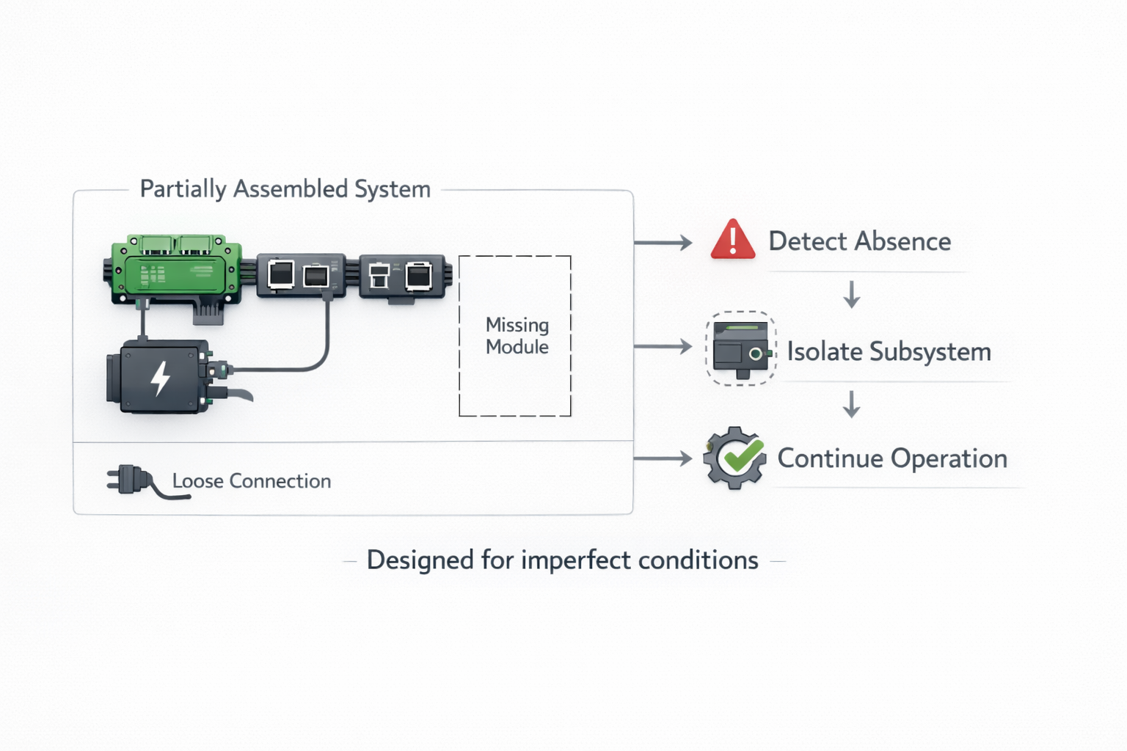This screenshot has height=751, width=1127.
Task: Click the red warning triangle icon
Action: pyautogui.click(x=732, y=240)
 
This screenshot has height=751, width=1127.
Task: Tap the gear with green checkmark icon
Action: pyautogui.click(x=734, y=458)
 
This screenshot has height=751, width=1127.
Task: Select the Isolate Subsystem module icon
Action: pyautogui.click(x=740, y=348)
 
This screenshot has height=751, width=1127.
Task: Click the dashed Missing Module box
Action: pyautogui.click(x=515, y=336)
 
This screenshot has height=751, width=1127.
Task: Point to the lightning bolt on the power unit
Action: pyautogui.click(x=160, y=377)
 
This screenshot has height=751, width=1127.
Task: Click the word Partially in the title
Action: pyautogui.click(x=183, y=189)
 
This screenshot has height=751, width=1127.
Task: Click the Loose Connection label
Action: pyautogui.click(x=251, y=481)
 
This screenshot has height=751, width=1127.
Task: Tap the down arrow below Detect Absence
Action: pyautogui.click(x=851, y=294)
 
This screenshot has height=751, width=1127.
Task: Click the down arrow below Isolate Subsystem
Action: pyautogui.click(x=851, y=404)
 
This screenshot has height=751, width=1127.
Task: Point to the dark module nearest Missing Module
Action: pyautogui.click(x=402, y=276)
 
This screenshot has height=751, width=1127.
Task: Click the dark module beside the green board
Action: pyautogui.click(x=301, y=275)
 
